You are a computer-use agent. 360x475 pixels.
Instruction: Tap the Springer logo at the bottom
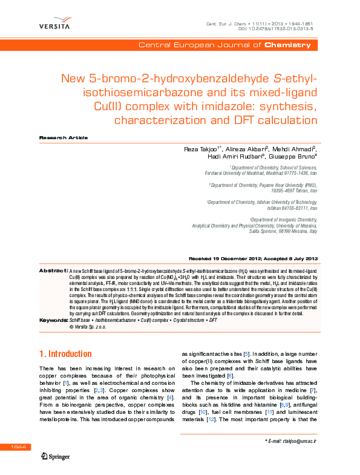point(56,456)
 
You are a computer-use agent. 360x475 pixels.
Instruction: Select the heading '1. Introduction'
point(65,353)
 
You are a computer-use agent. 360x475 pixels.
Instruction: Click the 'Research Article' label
point(63,138)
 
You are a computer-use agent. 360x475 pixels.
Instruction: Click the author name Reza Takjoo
point(203,149)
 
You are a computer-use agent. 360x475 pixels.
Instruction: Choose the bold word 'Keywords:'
point(53,320)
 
